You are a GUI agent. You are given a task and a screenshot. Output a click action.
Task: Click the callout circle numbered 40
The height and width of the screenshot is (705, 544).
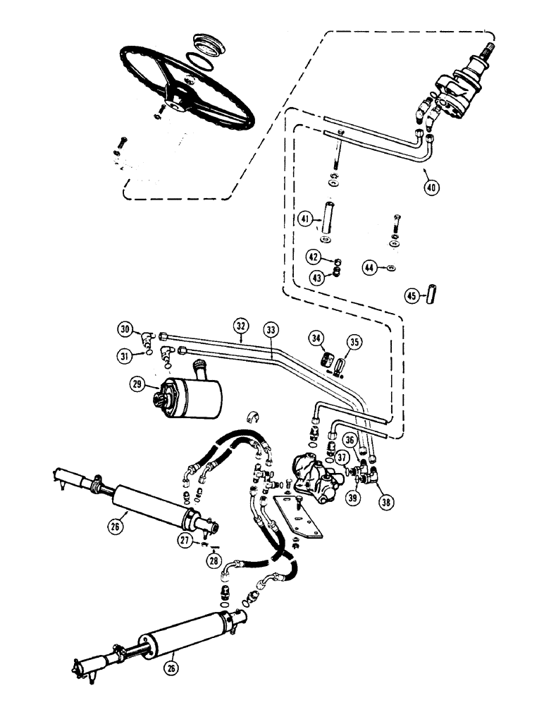[431, 187]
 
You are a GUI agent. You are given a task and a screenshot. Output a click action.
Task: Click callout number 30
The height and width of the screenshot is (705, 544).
[125, 329]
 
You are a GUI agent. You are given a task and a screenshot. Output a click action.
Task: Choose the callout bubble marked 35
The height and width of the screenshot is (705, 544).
[354, 343]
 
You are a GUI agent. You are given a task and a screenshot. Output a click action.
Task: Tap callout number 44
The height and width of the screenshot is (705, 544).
[369, 267]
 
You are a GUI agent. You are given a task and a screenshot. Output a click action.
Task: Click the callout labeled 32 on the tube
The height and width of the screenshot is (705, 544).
[241, 326]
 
